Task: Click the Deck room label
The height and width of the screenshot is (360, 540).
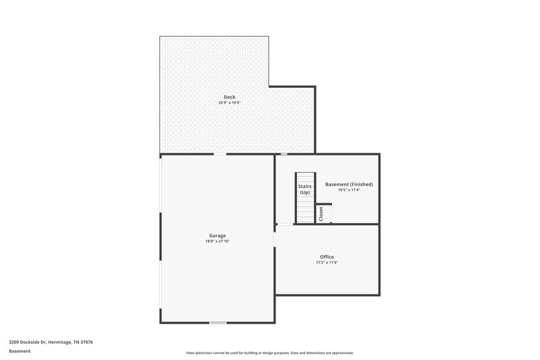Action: (x=230, y=97)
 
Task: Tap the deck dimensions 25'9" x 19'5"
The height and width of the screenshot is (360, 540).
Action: (x=230, y=103)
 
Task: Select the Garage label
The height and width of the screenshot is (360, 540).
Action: (x=217, y=236)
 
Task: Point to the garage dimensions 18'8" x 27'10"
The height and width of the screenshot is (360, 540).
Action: (x=217, y=241)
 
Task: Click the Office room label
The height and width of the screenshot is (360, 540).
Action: (x=327, y=257)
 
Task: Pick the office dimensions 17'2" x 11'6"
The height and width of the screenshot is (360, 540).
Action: (x=327, y=263)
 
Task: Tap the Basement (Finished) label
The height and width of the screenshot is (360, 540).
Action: (x=349, y=184)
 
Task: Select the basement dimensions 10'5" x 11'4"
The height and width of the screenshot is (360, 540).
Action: (x=349, y=190)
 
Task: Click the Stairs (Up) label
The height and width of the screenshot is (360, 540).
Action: (x=304, y=189)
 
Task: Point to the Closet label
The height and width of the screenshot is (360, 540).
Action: (x=321, y=213)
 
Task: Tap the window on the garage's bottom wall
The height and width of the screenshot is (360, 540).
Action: (x=217, y=323)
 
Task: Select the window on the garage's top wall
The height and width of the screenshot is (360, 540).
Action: (x=220, y=154)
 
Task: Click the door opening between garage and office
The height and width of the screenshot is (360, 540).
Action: (x=275, y=240)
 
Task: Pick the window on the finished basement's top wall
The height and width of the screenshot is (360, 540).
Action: (x=284, y=154)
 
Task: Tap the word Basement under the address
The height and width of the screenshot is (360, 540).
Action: (x=20, y=351)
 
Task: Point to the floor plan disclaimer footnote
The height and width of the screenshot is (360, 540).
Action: (x=269, y=353)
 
